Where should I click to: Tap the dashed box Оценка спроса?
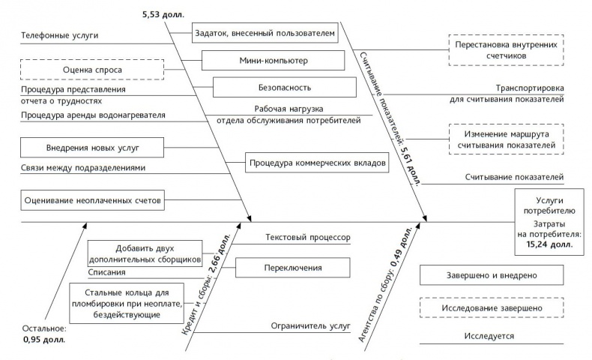click(92, 70)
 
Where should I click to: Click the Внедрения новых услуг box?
click(92, 145)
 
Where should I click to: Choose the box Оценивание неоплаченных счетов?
click(92, 201)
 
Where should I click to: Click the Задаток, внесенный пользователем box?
click(265, 34)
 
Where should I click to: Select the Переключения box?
click(293, 268)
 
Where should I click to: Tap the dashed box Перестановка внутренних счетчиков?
click(506, 49)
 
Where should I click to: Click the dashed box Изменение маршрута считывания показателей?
click(506, 139)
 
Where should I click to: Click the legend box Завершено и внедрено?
click(502, 275)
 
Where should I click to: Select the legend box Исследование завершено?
click(502, 307)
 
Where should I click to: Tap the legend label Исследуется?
click(502, 337)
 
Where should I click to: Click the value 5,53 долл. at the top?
click(163, 13)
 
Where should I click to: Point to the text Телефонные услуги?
click(59, 35)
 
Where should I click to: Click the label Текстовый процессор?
click(307, 237)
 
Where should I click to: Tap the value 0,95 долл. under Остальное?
click(44, 340)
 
